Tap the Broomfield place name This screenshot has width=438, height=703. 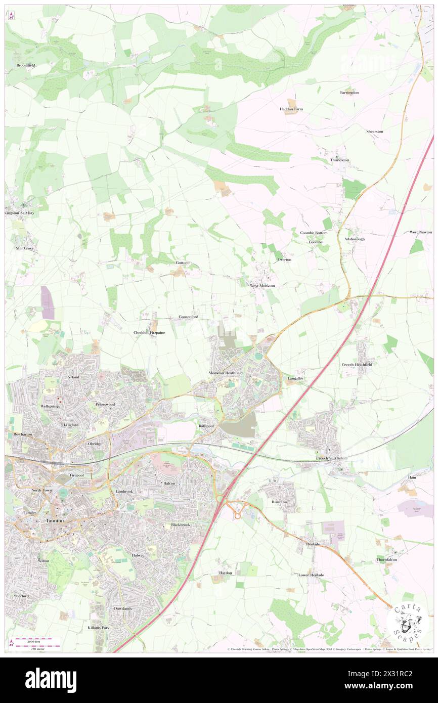(x=25, y=65)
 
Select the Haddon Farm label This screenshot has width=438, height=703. (x=291, y=109)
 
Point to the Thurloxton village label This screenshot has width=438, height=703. (x=339, y=160)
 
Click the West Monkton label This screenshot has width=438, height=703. (x=262, y=286)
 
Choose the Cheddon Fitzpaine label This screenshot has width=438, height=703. (x=149, y=332)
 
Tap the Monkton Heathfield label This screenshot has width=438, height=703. (x=226, y=373)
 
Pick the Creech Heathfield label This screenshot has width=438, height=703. (x=357, y=365)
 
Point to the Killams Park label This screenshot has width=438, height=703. (x=98, y=627)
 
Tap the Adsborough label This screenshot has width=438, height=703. (x=354, y=239)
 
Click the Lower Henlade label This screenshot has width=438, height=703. (x=311, y=575)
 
